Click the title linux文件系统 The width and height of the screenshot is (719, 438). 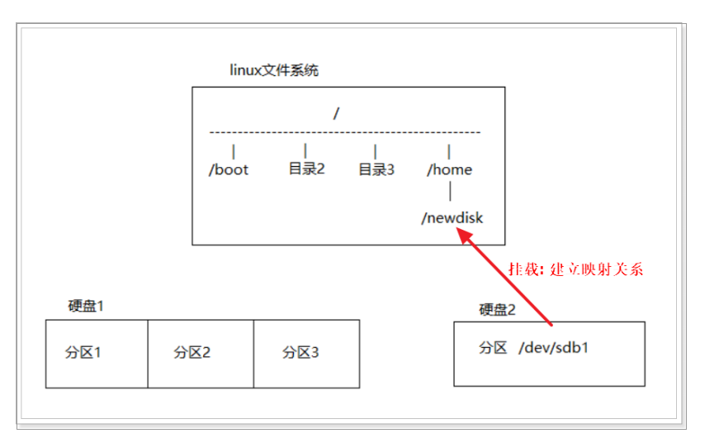[273, 70]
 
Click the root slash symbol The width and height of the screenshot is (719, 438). [336, 113]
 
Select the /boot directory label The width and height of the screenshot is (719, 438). [229, 169]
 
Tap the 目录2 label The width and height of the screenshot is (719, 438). [306, 169]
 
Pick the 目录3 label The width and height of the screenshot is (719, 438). [376, 169]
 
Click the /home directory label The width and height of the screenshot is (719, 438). [449, 169]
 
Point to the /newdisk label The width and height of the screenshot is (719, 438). [452, 218]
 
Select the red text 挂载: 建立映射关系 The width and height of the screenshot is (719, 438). [575, 269]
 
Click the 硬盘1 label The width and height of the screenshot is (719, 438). [86, 306]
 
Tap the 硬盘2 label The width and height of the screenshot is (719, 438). [497, 309]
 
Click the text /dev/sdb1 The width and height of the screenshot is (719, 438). [554, 348]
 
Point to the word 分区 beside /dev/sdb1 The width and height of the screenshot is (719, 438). [492, 348]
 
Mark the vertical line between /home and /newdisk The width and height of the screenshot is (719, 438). [449, 193]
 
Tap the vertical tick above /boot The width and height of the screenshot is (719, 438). [234, 151]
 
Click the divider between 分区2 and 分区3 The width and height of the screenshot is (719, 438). [253, 354]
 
